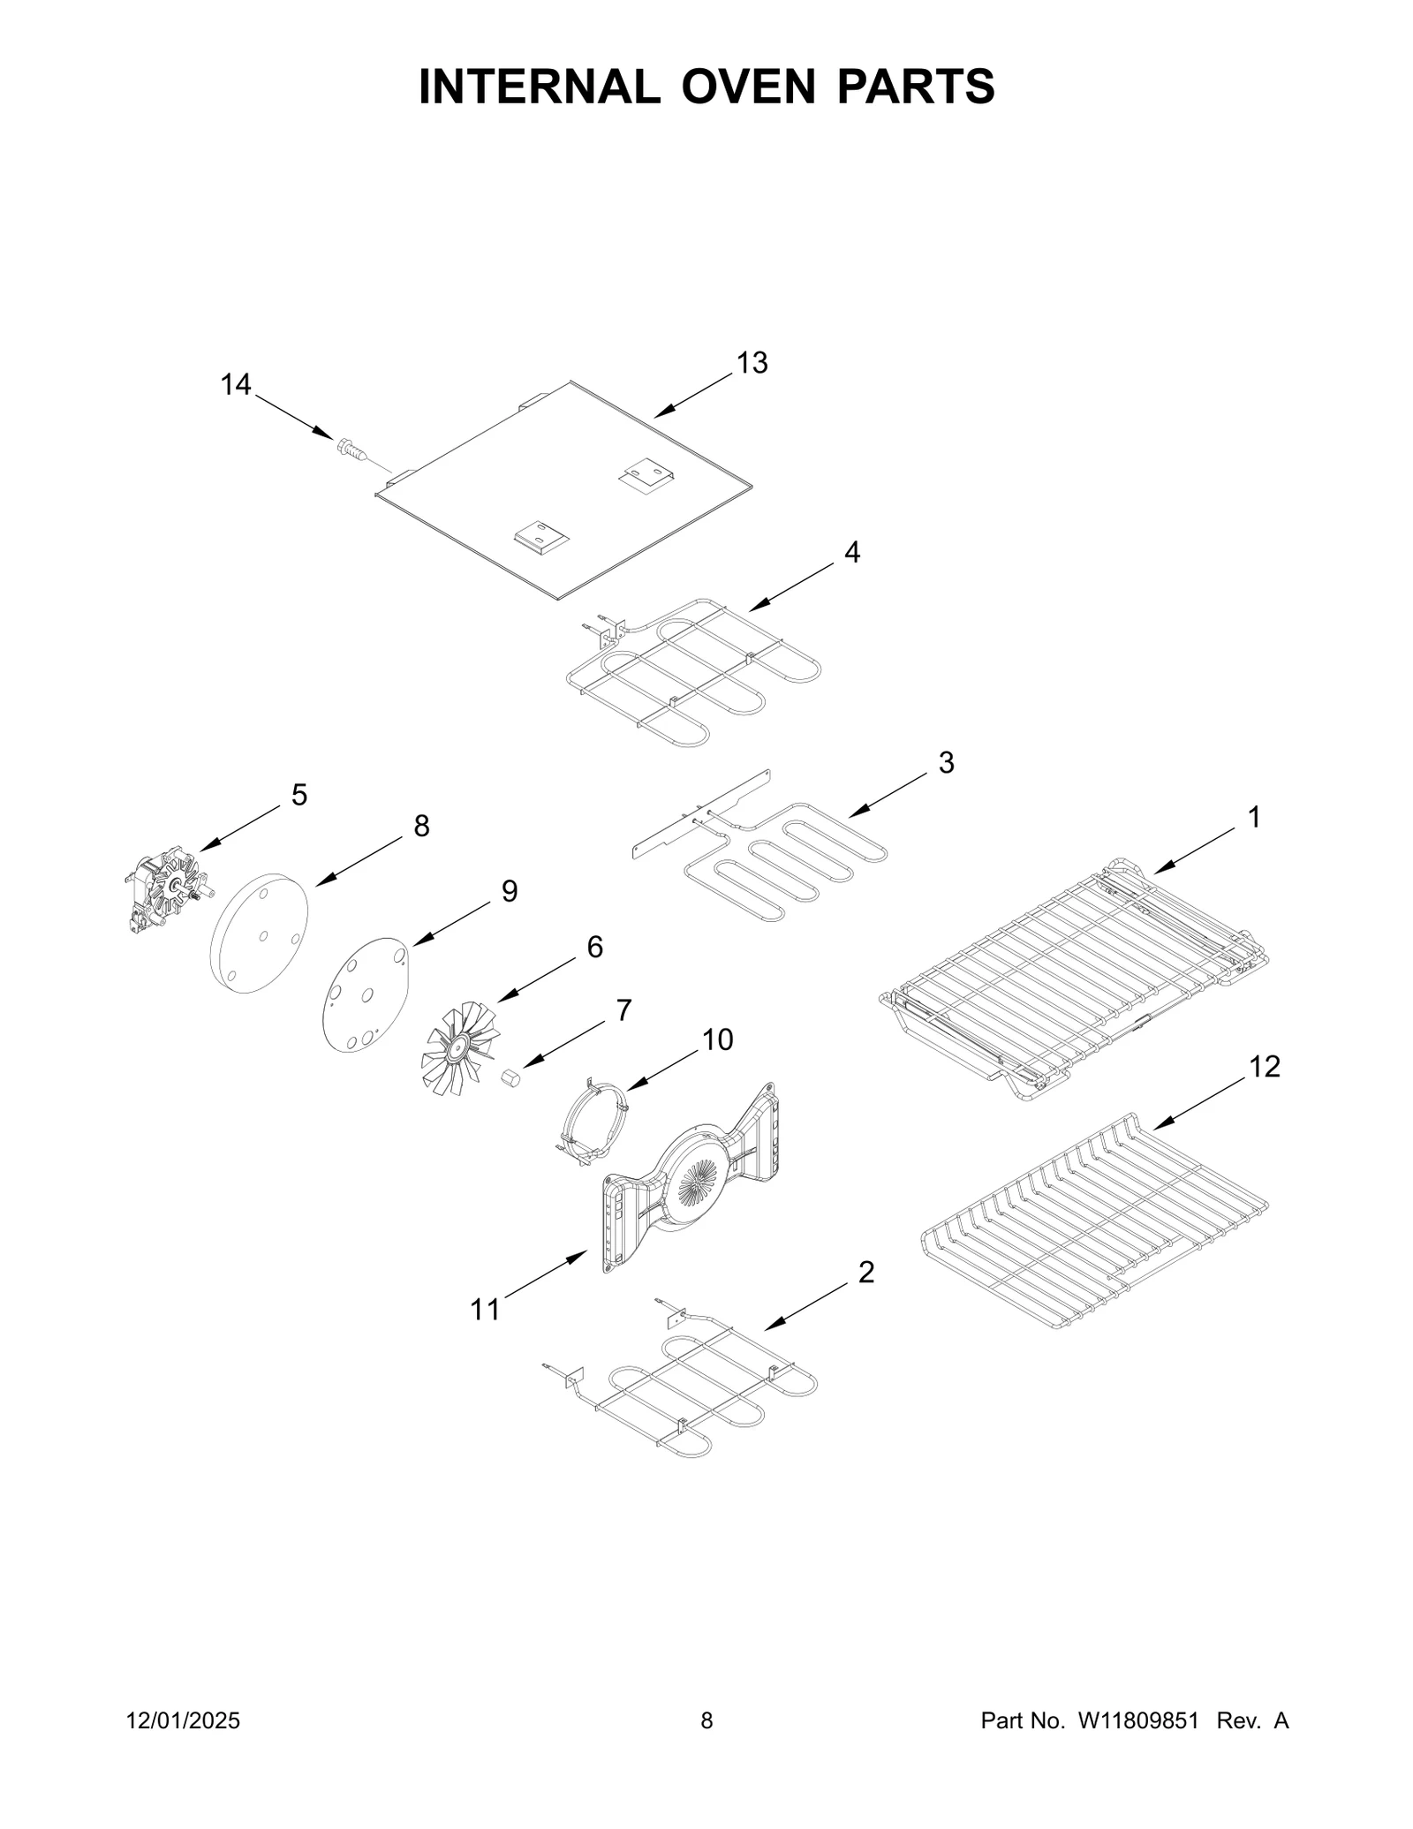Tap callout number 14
[x=236, y=385]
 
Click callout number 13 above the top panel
[x=752, y=363]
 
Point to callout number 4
[x=851, y=552]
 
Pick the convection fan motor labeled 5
[x=166, y=893]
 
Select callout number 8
[x=421, y=827]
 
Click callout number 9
[x=510, y=891]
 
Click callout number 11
[x=485, y=1309]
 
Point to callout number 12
[x=1265, y=1067]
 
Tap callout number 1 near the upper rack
[x=1253, y=818]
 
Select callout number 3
[x=946, y=763]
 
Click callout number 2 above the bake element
[x=866, y=1273]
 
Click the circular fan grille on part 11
[x=700, y=1183]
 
